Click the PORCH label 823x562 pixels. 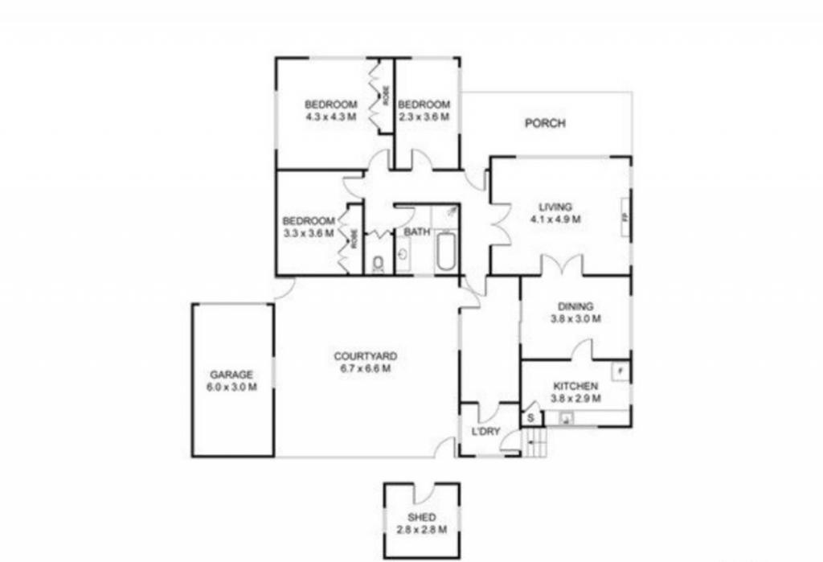tap(545, 123)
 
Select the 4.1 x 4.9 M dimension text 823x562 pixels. tap(555, 219)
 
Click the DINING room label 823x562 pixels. tap(575, 306)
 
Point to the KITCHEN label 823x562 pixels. tap(575, 386)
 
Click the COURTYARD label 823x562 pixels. tap(365, 356)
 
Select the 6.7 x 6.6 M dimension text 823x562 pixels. tap(365, 369)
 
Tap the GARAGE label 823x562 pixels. tap(231, 375)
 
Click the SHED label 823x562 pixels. tap(421, 517)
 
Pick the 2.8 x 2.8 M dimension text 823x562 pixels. tap(421, 529)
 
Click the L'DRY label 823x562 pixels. tap(485, 432)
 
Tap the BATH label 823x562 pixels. tap(416, 232)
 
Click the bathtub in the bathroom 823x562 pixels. tap(444, 251)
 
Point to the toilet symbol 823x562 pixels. tap(379, 262)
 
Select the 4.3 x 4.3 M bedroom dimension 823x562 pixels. tap(330, 117)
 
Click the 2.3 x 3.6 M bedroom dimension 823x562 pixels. tap(424, 117)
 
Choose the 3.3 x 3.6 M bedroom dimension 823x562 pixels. tap(308, 233)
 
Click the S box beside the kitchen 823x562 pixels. tap(530, 418)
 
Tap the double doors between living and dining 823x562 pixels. tap(561, 266)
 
